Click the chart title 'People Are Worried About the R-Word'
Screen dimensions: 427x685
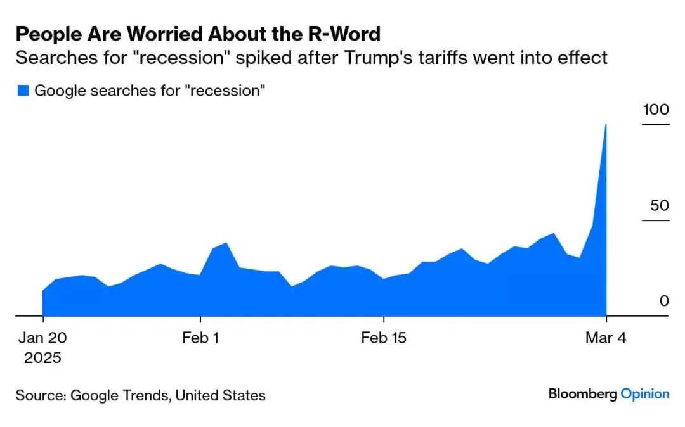(198, 33)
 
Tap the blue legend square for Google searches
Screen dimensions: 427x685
(23, 91)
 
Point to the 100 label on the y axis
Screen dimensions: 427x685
(656, 110)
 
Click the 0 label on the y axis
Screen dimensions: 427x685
(664, 301)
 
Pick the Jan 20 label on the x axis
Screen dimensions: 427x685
(42, 338)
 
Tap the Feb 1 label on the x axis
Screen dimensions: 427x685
(200, 338)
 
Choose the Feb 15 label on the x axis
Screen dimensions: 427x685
(384, 338)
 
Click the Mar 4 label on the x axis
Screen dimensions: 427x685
(606, 338)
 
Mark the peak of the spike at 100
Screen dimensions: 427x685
(606, 125)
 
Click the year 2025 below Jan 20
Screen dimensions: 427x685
(42, 358)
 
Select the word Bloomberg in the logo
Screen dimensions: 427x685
(583, 394)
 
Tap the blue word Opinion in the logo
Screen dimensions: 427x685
(645, 394)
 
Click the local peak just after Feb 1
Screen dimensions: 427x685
(226, 243)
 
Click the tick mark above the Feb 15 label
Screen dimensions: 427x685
(384, 319)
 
